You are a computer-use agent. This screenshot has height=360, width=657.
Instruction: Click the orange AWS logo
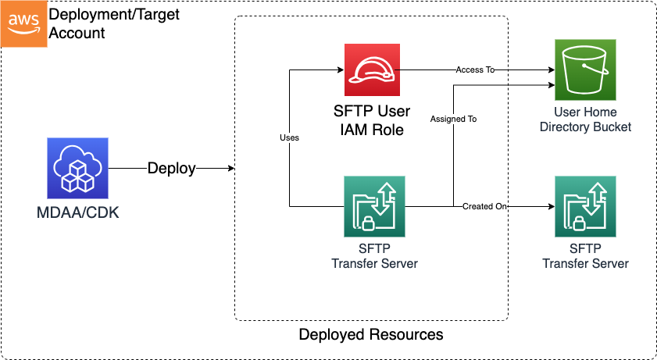click(23, 23)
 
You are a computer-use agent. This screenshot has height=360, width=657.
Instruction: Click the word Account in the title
click(77, 34)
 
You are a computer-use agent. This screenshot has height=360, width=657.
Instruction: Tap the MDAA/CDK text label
click(77, 212)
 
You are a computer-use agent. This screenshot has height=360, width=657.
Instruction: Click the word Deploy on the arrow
click(172, 169)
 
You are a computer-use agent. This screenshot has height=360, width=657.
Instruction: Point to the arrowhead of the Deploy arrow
click(230, 169)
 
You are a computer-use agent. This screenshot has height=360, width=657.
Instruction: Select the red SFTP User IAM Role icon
click(371, 70)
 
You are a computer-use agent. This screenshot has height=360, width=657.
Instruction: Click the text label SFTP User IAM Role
click(371, 120)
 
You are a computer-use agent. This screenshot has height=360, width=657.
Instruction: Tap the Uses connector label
click(289, 137)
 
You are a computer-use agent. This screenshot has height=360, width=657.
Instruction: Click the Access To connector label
click(476, 70)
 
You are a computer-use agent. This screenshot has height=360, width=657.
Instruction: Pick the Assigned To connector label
click(453, 119)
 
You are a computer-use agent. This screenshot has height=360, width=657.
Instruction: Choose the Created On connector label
click(484, 206)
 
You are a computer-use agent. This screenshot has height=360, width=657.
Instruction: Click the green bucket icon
click(585, 70)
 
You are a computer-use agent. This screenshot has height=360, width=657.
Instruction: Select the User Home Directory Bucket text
click(585, 119)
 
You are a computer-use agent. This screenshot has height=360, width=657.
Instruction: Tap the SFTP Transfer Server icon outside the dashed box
click(585, 206)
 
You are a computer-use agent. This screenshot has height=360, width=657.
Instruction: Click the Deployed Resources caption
click(371, 334)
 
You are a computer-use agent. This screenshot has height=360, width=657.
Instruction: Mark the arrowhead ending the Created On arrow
click(550, 206)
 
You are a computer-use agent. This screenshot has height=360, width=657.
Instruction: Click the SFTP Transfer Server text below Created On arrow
click(585, 256)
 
